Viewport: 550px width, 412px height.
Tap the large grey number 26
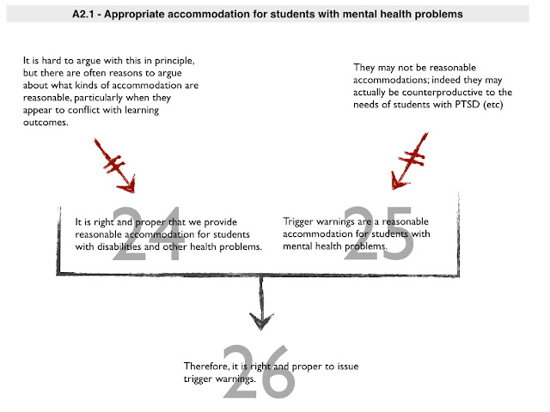pyautogui.click(x=259, y=372)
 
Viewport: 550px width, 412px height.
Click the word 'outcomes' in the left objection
pyautogui.click(x=48, y=123)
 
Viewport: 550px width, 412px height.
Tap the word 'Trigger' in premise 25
pyautogui.click(x=299, y=222)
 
